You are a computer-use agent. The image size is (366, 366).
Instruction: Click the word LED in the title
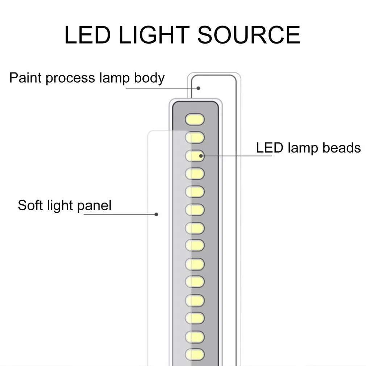(87, 35)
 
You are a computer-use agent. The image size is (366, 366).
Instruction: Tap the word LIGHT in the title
(154, 35)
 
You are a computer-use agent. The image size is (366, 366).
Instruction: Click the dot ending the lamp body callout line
(199, 88)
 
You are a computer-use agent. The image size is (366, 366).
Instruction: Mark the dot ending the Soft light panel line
(156, 214)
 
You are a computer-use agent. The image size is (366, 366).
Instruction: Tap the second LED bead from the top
(195, 137)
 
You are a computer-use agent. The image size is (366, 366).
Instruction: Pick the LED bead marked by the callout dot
(195, 155)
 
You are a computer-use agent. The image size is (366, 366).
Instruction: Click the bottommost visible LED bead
(195, 354)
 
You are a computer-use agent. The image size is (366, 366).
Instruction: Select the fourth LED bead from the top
(195, 173)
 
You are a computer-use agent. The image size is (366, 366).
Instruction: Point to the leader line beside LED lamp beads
(236, 156)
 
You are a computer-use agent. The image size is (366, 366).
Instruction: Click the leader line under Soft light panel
(120, 214)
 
